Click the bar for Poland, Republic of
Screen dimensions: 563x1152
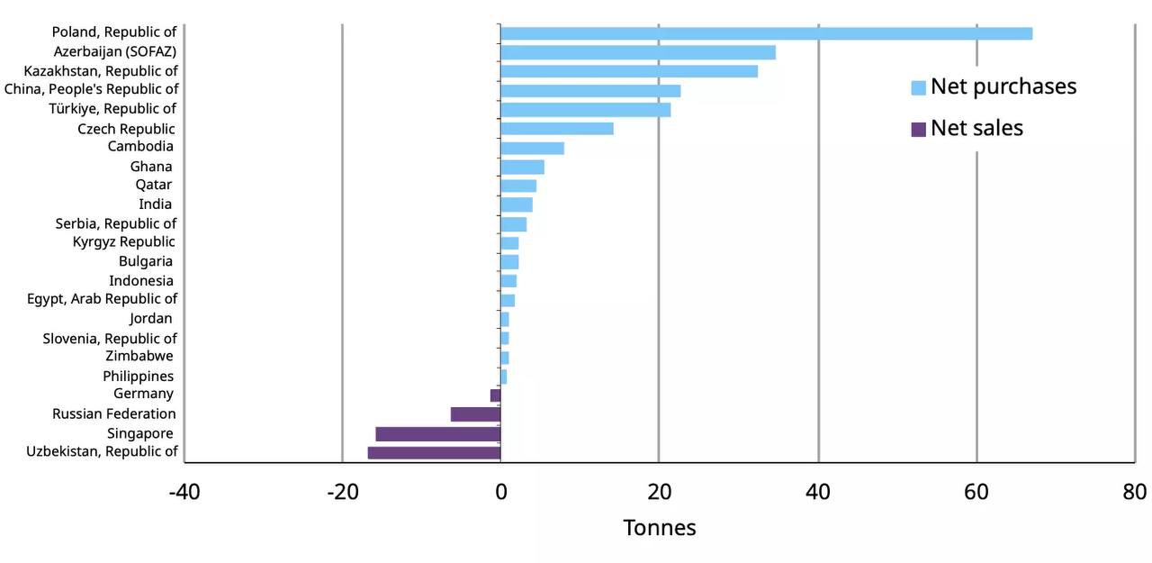(766, 33)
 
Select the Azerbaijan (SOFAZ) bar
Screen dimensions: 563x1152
(638, 52)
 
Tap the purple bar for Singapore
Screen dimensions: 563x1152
(437, 434)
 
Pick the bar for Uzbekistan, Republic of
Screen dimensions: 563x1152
(434, 452)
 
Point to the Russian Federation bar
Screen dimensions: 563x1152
(475, 414)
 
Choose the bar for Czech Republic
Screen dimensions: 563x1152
(557, 129)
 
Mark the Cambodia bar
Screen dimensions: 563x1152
(532, 148)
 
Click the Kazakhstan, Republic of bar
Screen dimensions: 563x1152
(629, 71)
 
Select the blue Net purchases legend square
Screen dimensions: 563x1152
(918, 87)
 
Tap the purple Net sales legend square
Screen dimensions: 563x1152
(918, 130)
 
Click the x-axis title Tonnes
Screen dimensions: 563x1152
(660, 528)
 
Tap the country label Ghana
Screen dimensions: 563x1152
(151, 167)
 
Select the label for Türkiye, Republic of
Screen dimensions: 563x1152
(112, 109)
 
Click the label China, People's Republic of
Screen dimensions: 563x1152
(92, 89)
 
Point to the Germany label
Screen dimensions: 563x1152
(143, 394)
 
